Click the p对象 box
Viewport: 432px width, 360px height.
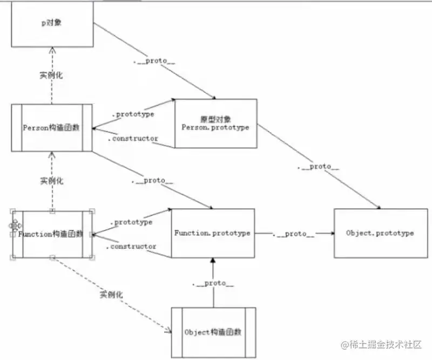(52, 24)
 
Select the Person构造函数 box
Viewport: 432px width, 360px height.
(52, 128)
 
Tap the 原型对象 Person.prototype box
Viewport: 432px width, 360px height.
(215, 123)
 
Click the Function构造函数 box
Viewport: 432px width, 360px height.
(52, 234)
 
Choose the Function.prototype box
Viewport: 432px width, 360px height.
(212, 233)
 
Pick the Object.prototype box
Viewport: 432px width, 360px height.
(380, 233)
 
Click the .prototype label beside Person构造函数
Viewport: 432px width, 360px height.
(133, 114)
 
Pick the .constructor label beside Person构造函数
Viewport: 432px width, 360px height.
(133, 138)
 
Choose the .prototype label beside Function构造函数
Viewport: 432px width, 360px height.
(131, 222)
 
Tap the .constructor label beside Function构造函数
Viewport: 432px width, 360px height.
(132, 246)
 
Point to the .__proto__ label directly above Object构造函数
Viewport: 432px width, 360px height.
(213, 283)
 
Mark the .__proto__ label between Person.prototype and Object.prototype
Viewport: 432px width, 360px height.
(319, 166)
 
